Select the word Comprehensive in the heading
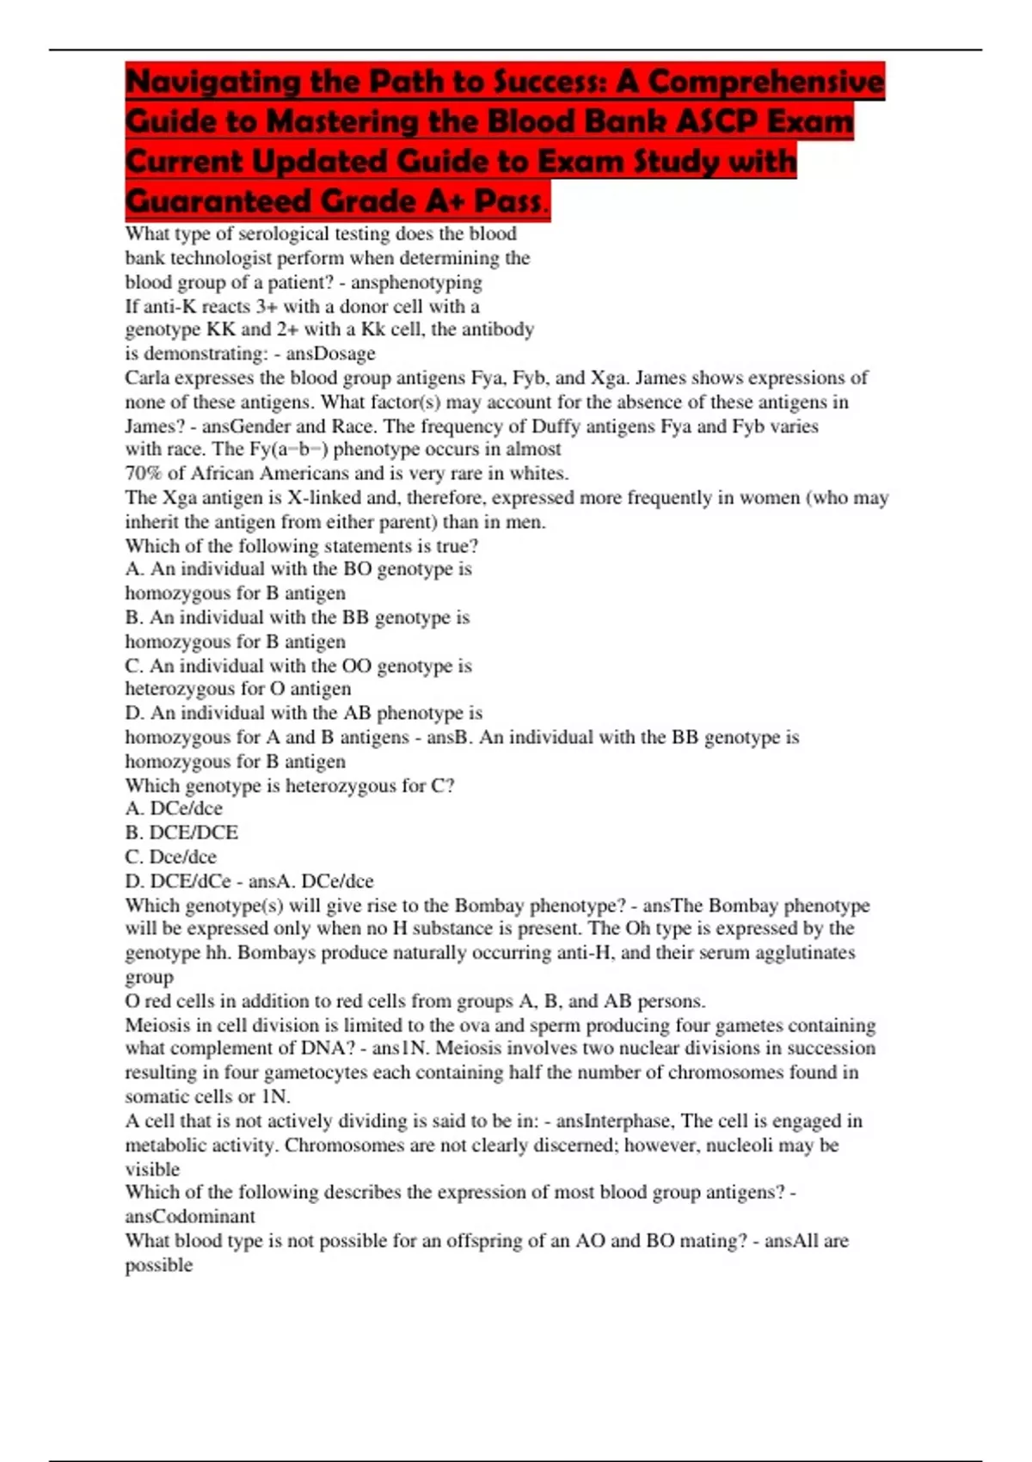(765, 83)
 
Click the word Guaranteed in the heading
(217, 202)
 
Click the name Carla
(147, 378)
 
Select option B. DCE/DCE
(181, 832)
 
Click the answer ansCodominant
(190, 1216)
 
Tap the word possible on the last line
(159, 1264)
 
